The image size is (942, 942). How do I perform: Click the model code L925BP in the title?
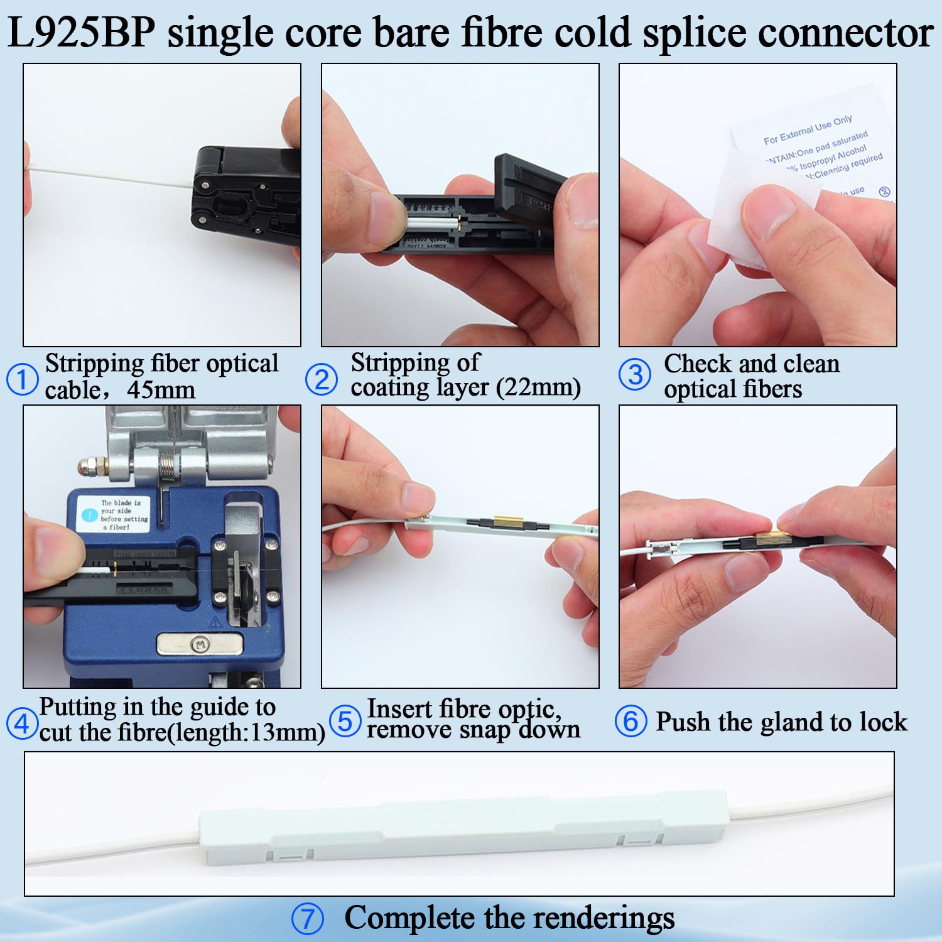82,33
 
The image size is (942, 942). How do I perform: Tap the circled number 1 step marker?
22,380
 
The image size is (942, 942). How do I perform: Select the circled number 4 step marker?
22,723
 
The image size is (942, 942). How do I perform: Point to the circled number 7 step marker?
308,919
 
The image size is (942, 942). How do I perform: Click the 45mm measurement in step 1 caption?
161,391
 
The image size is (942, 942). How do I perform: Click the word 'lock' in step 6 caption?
884,722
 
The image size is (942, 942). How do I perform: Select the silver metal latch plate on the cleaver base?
200,644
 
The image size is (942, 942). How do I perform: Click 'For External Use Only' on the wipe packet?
808,129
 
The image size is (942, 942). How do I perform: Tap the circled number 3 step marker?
635,375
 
